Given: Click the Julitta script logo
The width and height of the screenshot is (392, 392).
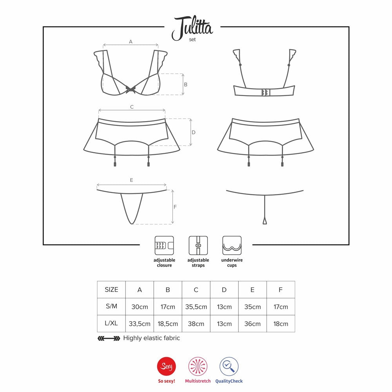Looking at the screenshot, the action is (192, 27).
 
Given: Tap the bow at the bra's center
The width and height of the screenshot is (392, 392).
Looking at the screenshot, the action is (131, 89).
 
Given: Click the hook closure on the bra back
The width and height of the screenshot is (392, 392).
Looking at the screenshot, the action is (265, 93).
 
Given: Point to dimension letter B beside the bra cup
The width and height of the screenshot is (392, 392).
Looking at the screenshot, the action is (185, 85).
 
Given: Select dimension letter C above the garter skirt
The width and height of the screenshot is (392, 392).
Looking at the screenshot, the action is (132, 107).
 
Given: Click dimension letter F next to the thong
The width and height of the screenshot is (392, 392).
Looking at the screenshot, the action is (175, 207).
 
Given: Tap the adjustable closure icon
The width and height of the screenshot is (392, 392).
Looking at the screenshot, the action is (164, 245).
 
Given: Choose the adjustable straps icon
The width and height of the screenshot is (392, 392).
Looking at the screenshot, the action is (198, 245).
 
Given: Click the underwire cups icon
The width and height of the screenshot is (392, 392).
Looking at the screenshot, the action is (232, 245).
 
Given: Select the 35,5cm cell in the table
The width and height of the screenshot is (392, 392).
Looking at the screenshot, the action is (196, 307).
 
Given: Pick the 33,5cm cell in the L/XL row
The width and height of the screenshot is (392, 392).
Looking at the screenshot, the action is (140, 324).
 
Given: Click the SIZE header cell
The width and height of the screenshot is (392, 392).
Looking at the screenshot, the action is (111, 290).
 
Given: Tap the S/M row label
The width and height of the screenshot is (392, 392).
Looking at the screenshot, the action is (111, 306).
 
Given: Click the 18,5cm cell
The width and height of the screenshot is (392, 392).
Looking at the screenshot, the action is (168, 324).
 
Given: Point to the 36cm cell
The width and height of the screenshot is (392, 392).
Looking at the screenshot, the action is (252, 324).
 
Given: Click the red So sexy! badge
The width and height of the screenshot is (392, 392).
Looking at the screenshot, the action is (167, 367).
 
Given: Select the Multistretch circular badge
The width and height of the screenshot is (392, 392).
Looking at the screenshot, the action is (198, 367).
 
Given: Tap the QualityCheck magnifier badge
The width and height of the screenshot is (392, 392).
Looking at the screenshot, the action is (229, 367).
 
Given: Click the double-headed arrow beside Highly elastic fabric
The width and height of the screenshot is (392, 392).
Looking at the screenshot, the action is (109, 339).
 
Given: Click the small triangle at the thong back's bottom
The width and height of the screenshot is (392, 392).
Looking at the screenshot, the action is (265, 221).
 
